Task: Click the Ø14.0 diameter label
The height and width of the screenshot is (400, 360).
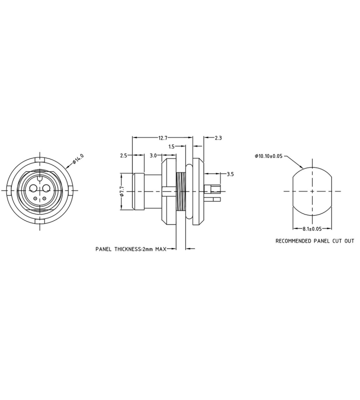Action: (x=78, y=159)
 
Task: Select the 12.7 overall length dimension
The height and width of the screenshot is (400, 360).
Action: (x=162, y=138)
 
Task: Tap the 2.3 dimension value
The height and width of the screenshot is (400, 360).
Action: (x=218, y=138)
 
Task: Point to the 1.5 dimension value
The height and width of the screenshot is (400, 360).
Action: (x=171, y=146)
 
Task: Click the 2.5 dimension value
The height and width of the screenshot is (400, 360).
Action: (x=123, y=155)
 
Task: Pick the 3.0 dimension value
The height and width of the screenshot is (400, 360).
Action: (x=153, y=155)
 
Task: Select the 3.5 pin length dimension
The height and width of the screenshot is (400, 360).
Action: (x=230, y=174)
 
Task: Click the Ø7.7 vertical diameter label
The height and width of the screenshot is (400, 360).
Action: (x=121, y=191)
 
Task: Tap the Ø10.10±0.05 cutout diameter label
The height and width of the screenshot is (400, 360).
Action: (x=268, y=156)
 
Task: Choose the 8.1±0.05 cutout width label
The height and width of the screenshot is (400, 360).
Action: (x=312, y=229)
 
